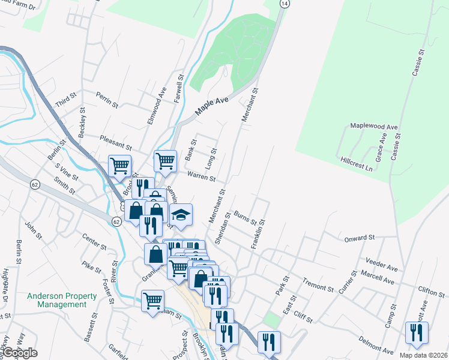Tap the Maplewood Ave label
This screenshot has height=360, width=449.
pyautogui.click(x=375, y=128)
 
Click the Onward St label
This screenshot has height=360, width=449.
pyautogui.click(x=360, y=238)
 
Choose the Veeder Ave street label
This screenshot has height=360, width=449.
pyautogui.click(x=381, y=262)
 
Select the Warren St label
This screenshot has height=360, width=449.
pyautogui.click(x=201, y=176)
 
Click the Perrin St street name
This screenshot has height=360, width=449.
pyautogui.click(x=107, y=100)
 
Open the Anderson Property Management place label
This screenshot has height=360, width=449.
pyautogui.click(x=62, y=300)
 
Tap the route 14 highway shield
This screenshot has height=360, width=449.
pyautogui.click(x=285, y=3)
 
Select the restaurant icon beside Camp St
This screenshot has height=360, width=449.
pyautogui.click(x=416, y=332)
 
